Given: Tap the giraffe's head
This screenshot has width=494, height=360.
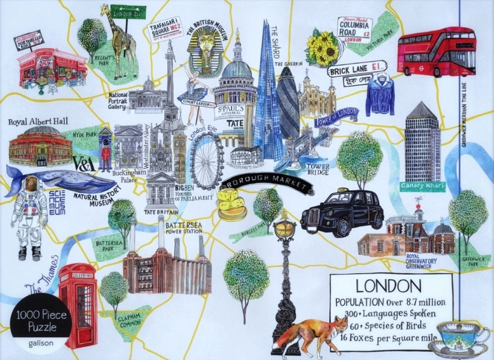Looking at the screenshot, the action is (x=106, y=9).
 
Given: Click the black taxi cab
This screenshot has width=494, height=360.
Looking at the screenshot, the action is (x=342, y=211).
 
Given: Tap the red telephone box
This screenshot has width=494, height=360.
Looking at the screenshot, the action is (x=78, y=304).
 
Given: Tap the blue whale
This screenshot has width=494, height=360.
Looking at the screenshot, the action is (x=62, y=180).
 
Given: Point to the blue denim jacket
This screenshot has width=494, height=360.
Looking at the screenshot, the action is (x=380, y=95).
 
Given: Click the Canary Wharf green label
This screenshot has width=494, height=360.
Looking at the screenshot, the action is (x=422, y=186).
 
